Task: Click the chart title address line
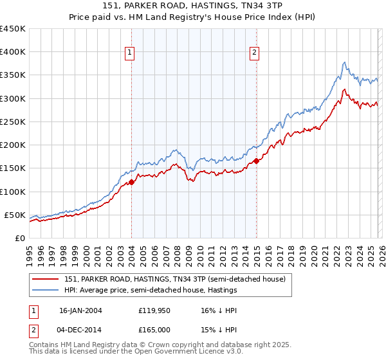pyautogui.click(x=192, y=6)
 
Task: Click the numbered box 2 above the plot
pyautogui.click(x=255, y=53)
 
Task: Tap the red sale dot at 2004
pyautogui.click(x=131, y=182)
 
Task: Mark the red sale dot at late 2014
pyautogui.click(x=256, y=161)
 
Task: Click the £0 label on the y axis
pyautogui.click(x=19, y=238)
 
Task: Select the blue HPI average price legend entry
pyautogui.click(x=151, y=290)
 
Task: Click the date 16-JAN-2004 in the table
pyautogui.click(x=80, y=310)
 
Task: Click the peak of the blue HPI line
pyautogui.click(x=345, y=62)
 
